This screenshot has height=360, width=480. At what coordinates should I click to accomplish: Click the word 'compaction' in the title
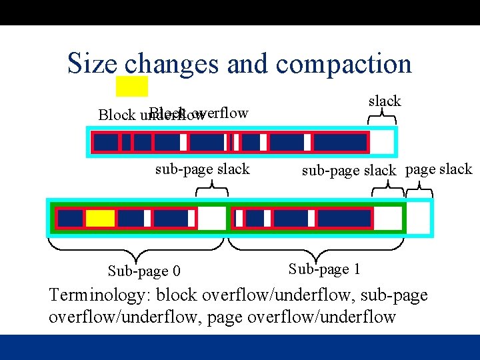(343, 64)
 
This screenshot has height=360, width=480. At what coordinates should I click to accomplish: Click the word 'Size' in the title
(92, 63)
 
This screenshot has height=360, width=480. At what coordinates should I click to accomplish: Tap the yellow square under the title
(132, 87)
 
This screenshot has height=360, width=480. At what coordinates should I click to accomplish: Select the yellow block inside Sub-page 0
(101, 218)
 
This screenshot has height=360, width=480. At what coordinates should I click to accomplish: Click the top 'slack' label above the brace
(385, 101)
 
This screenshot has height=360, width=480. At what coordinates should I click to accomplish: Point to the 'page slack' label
(439, 169)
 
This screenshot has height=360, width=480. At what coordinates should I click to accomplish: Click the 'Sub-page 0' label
(144, 271)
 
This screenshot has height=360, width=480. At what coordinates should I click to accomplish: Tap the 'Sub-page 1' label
(325, 269)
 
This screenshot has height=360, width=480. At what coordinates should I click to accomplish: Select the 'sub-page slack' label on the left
(202, 169)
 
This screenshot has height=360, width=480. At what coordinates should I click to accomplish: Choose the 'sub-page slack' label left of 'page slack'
(349, 170)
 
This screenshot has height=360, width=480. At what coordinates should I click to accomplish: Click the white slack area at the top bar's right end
(382, 142)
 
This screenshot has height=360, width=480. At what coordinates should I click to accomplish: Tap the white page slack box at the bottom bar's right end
(419, 218)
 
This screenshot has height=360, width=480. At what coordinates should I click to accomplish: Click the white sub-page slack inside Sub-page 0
(212, 218)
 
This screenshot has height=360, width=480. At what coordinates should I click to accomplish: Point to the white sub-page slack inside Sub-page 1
(387, 218)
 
